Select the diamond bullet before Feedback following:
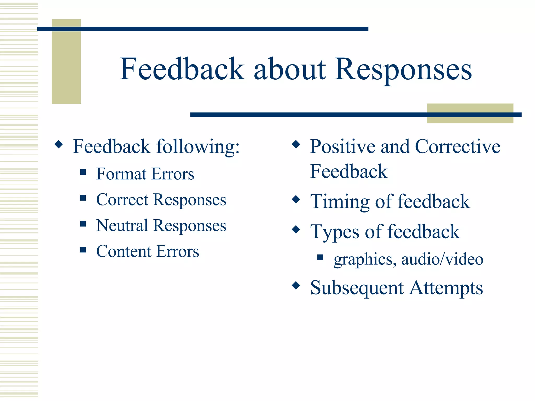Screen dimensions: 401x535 (59, 144)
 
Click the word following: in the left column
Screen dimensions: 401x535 (198, 147)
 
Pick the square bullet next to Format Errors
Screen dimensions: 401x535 (83, 172)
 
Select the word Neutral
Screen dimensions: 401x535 (122, 226)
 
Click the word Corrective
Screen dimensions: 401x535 (457, 147)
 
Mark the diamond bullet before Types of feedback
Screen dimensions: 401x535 (296, 230)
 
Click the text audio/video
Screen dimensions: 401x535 (442, 260)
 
